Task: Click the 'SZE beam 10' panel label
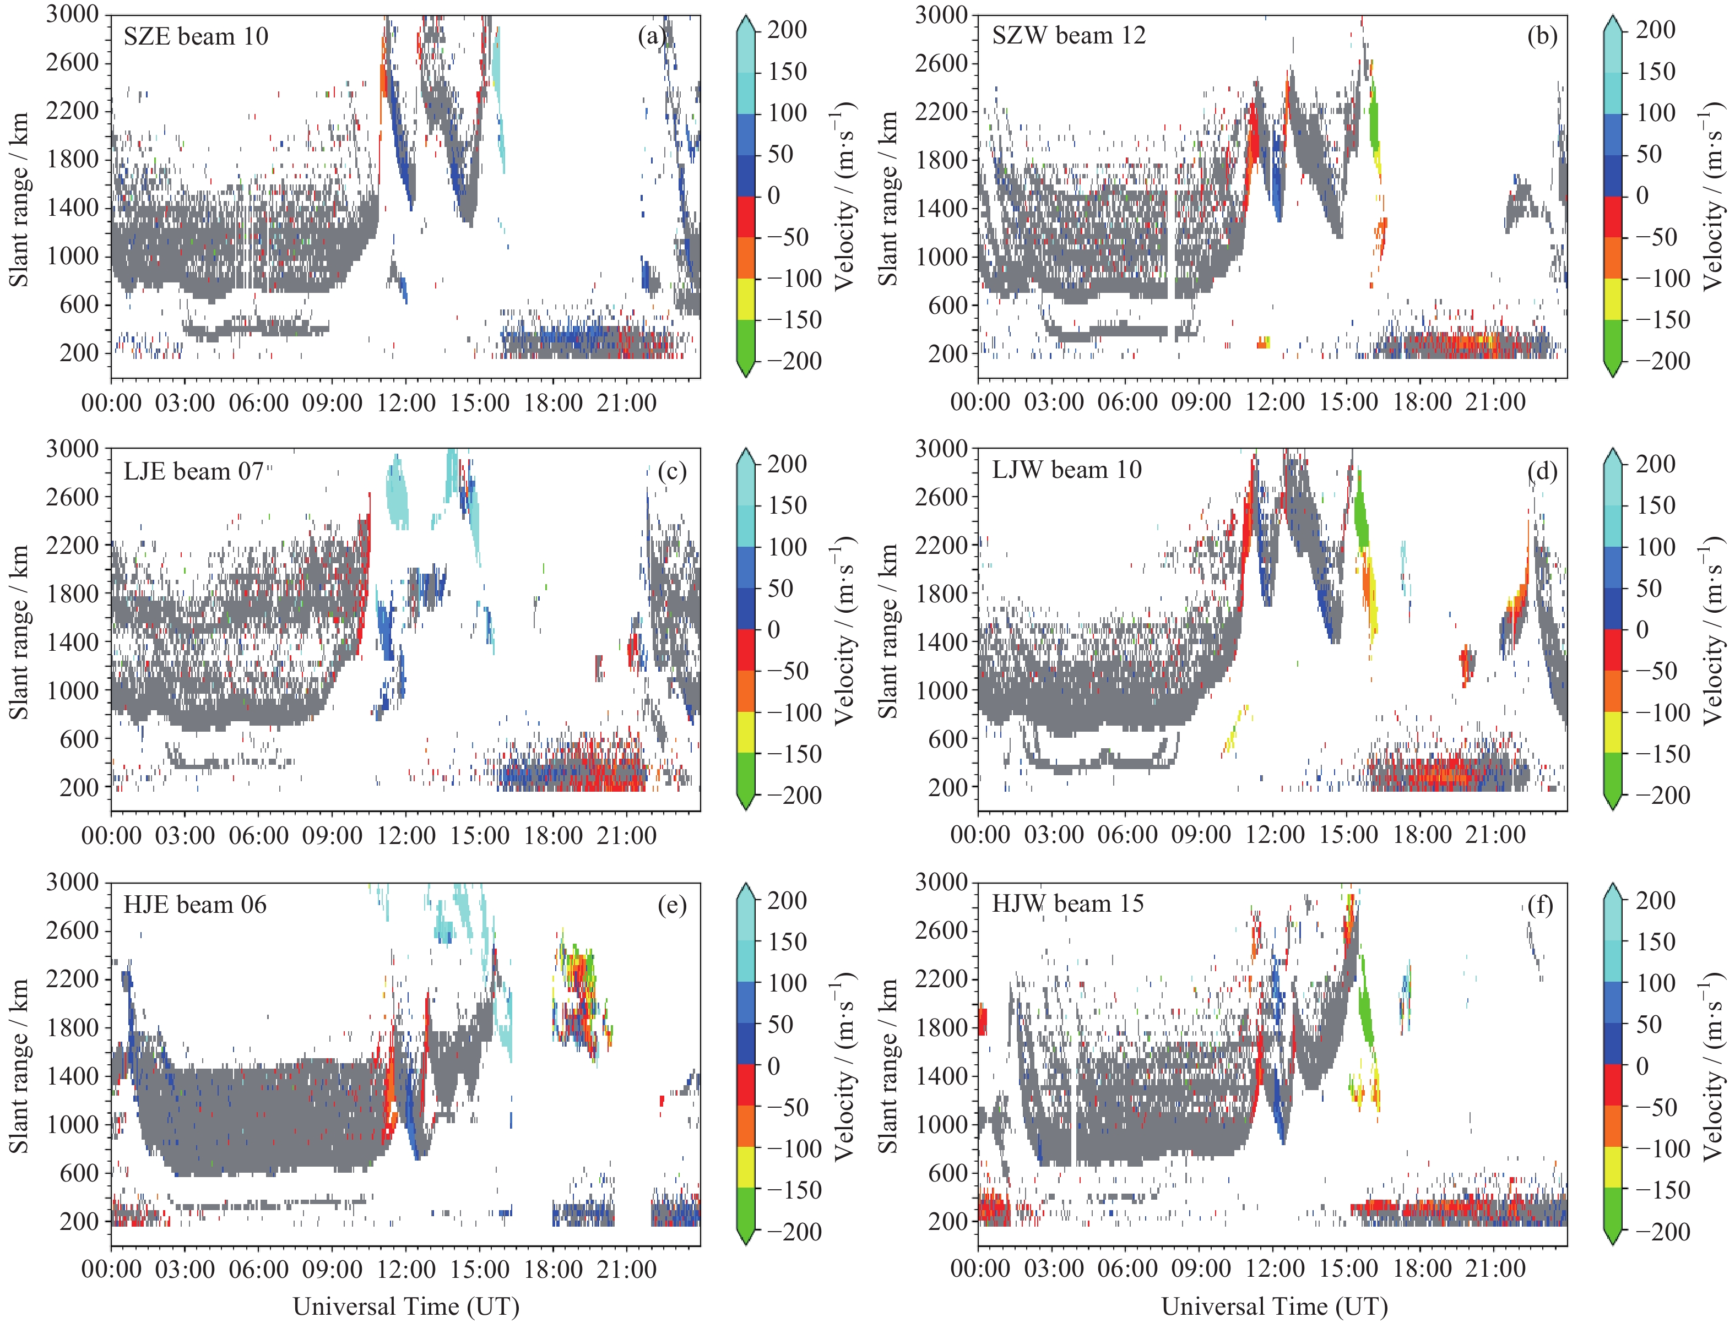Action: point(196,36)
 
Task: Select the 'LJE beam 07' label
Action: point(194,471)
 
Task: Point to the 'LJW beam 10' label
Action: point(1066,470)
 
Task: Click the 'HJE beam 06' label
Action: point(194,905)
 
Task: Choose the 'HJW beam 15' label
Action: point(1067,903)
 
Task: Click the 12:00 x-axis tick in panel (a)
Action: point(406,402)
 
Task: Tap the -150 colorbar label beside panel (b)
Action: point(1662,320)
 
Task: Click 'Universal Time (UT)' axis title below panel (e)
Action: point(406,1306)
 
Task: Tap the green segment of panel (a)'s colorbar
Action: point(745,340)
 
